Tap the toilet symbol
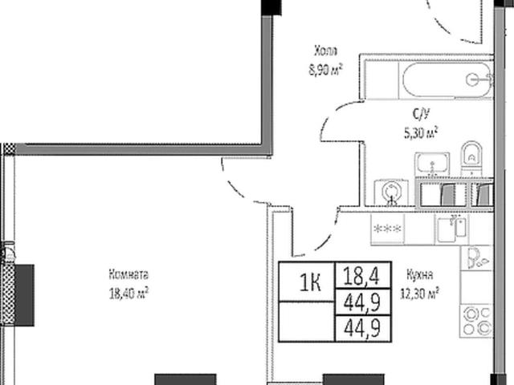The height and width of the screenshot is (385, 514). [x=470, y=156]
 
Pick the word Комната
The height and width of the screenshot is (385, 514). [x=130, y=272]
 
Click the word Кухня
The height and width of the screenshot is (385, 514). [x=421, y=273]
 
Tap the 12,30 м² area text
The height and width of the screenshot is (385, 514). [x=421, y=293]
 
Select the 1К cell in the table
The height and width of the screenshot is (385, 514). [x=310, y=282]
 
